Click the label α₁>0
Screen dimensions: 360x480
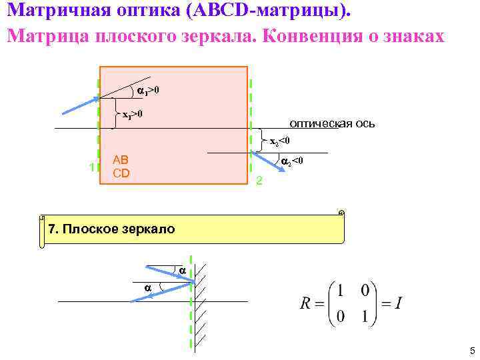coord(148,90)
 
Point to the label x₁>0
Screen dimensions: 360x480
coord(132,115)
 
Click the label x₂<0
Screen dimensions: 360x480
coord(279,141)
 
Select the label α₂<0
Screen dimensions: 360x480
coord(292,161)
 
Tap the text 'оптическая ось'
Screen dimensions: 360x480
coord(332,123)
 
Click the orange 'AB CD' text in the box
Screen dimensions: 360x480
coord(121,167)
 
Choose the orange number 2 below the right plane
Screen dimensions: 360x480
coord(260,181)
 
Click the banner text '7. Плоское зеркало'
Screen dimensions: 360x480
coord(111,229)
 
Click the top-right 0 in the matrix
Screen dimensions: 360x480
coord(365,292)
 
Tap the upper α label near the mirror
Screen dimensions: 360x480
coord(182,270)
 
